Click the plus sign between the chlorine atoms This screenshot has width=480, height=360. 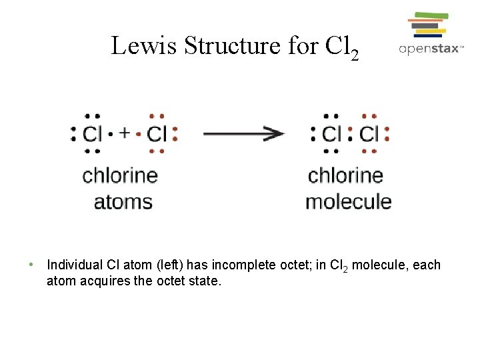pos(124,133)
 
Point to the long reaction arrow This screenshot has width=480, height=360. pos(243,133)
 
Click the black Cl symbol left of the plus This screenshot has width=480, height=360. pos(92,134)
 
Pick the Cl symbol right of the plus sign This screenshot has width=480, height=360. pos(157,134)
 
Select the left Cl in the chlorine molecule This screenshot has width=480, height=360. pos(331,134)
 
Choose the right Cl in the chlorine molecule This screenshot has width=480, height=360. pos(369,134)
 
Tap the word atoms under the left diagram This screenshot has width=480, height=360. pos(123,201)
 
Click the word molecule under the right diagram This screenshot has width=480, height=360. pos(348,201)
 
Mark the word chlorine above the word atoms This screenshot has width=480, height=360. pos(120,176)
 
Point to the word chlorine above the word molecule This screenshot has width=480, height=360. pos(345,176)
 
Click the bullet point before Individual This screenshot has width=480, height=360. pos(31,265)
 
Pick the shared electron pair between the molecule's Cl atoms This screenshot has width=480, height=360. pos(350,134)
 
